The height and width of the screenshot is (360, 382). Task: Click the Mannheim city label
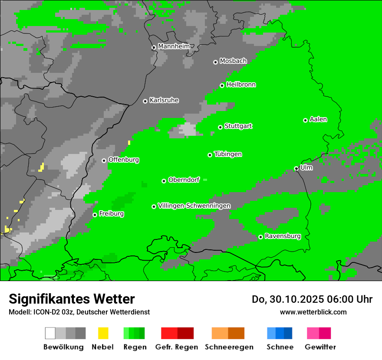click(174, 46)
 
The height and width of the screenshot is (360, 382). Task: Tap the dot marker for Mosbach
click(215, 62)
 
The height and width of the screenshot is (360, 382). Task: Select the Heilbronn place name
click(241, 85)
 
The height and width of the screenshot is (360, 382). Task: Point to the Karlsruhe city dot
click(145, 101)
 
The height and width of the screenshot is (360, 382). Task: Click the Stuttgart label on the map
click(238, 126)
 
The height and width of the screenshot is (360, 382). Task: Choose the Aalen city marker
click(305, 120)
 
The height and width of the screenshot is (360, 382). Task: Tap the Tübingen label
click(228, 154)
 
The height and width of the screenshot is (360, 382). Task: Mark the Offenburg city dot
click(104, 160)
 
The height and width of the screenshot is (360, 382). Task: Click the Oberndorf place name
click(184, 180)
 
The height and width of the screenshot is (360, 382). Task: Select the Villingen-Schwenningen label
click(194, 206)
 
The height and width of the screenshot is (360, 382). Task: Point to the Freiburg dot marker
click(95, 215)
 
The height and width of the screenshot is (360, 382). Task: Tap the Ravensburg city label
click(283, 236)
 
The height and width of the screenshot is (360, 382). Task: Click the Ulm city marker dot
click(296, 168)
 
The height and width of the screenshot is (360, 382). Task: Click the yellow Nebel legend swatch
click(103, 333)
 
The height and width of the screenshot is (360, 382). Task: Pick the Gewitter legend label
click(320, 347)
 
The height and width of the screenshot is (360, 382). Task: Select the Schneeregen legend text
click(229, 347)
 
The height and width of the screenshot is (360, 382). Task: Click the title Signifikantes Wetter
click(72, 299)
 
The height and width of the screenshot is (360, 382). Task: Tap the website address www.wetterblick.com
click(313, 312)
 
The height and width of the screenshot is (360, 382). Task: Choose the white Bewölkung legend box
click(50, 333)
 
